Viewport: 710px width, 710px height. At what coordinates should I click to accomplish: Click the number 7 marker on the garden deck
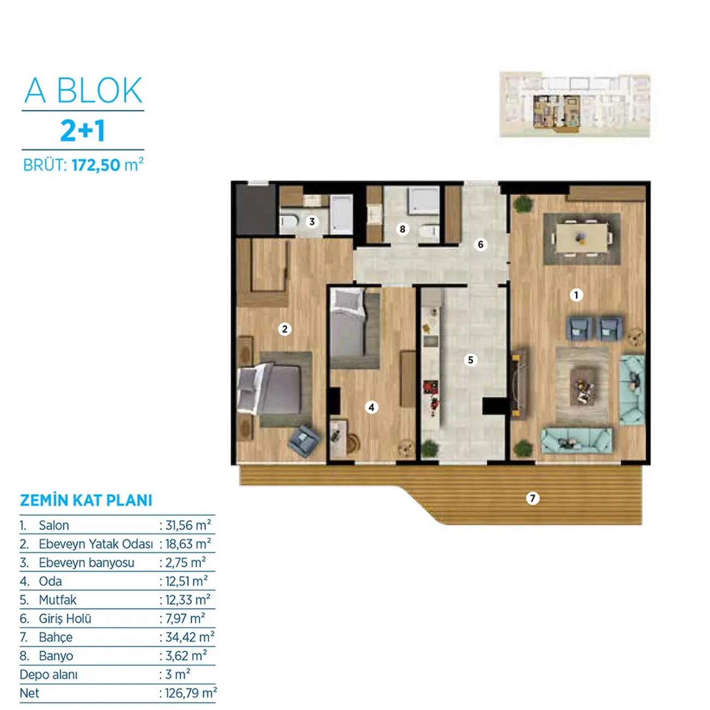[532, 499]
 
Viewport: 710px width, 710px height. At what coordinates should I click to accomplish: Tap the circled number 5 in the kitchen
[470, 359]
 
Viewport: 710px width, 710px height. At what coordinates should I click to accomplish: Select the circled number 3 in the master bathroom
[312, 221]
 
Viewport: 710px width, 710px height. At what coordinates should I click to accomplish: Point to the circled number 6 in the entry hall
[480, 244]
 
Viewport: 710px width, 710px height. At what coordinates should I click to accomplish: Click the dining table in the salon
[582, 238]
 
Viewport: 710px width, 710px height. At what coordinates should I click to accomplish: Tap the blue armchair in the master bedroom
[304, 441]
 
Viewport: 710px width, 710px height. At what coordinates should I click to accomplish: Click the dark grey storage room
[256, 209]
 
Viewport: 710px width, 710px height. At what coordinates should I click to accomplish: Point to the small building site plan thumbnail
[575, 104]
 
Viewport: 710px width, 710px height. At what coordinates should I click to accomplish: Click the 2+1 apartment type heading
[83, 131]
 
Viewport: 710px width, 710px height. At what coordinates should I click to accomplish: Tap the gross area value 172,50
[96, 165]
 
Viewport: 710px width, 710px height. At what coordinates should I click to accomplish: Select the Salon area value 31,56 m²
[188, 525]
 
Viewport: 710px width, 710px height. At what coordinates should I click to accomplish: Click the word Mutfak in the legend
[57, 600]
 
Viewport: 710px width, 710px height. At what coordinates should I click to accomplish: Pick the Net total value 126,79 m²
[191, 693]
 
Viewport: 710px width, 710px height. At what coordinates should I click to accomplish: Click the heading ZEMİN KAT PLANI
[86, 500]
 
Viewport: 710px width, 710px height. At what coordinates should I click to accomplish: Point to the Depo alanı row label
[49, 674]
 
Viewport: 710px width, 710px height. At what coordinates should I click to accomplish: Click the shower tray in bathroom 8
[423, 200]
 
